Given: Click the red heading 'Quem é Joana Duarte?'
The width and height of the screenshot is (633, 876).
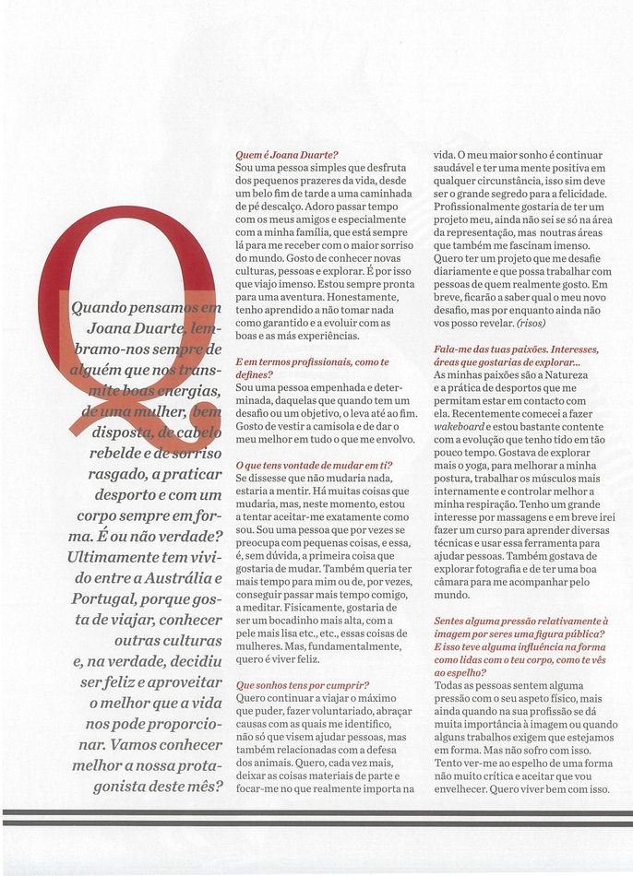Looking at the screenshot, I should click(x=287, y=155).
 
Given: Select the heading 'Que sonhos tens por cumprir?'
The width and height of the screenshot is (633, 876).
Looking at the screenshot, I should click(x=303, y=685).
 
